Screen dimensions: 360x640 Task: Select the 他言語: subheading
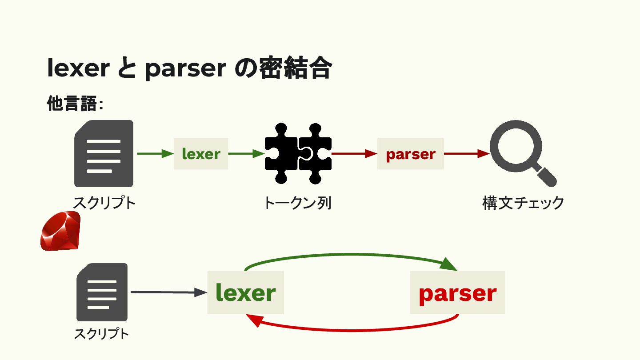pyautogui.click(x=75, y=104)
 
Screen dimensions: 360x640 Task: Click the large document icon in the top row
pyautogui.click(x=104, y=153)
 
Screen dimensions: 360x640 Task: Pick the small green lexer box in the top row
pyautogui.click(x=201, y=154)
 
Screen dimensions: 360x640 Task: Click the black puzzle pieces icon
pyautogui.click(x=298, y=153)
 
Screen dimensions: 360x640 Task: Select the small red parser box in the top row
pyautogui.click(x=410, y=154)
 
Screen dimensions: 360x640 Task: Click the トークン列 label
pyautogui.click(x=297, y=203)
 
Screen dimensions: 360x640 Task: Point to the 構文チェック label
pyautogui.click(x=523, y=203)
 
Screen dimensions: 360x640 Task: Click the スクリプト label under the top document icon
pyautogui.click(x=104, y=203)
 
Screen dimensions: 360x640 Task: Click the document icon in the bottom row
pyautogui.click(x=102, y=292)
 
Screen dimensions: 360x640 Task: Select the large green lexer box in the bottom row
pyautogui.click(x=245, y=292)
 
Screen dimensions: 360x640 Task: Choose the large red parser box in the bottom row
pyautogui.click(x=457, y=292)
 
